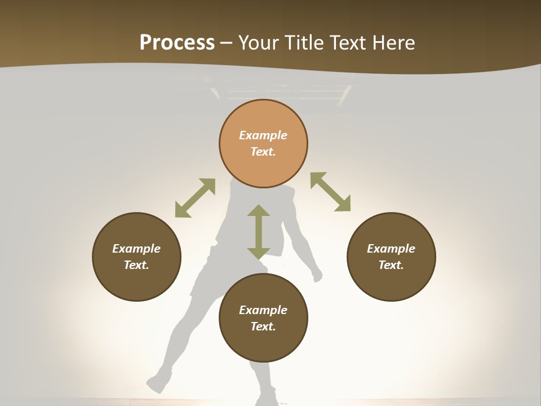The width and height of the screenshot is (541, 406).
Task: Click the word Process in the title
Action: click(177, 43)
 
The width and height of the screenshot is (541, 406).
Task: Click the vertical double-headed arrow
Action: click(259, 232)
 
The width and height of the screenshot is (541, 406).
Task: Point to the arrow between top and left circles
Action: click(195, 198)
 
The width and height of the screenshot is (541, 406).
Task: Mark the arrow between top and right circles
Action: click(330, 192)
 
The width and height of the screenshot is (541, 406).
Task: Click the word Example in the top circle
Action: click(263, 135)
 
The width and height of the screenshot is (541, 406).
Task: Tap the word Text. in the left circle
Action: click(136, 265)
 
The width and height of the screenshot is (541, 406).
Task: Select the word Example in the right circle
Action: click(391, 249)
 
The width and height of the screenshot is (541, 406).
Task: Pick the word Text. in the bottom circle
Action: click(263, 326)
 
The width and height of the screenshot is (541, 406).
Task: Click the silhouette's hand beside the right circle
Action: click(317, 276)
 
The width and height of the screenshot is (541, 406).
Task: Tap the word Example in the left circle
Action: click(136, 249)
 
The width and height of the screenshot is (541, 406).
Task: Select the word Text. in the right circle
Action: click(391, 265)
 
